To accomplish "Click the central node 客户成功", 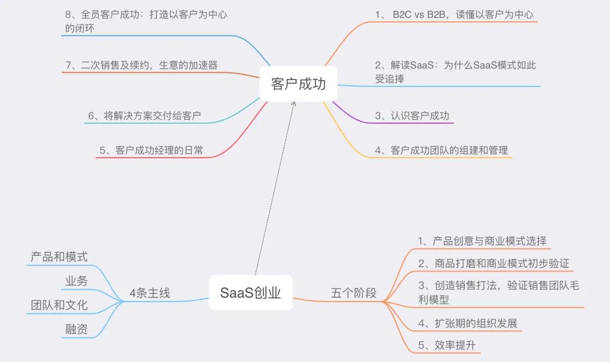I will (298, 84).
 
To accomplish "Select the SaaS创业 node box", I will (250, 293).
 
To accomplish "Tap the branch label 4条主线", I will (149, 293).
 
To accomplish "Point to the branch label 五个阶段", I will (353, 293).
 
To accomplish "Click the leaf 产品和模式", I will (59, 257).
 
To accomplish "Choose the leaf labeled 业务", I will (76, 281).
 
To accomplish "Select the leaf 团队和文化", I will (59, 305).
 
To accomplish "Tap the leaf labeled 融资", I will (76, 329).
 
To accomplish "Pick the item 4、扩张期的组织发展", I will (468, 324).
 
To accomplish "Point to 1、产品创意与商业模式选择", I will (482, 241).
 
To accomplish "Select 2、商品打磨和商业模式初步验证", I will (493, 264).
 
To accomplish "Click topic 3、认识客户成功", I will (412, 116).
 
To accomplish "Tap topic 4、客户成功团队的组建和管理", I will (441, 150).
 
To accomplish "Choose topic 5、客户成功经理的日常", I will (151, 150).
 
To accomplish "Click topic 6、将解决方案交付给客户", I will (145, 116).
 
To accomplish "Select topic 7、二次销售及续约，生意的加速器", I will (141, 66).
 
